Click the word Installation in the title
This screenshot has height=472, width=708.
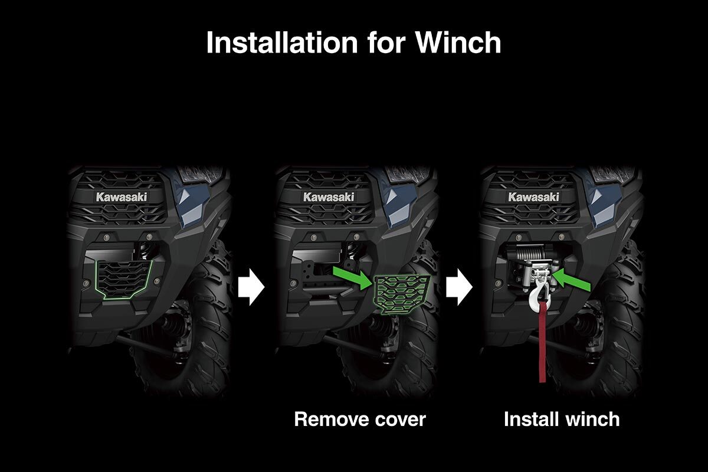[281, 42]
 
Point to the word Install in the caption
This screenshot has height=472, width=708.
[530, 419]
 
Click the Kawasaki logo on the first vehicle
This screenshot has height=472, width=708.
[122, 197]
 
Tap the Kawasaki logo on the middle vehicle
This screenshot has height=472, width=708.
[329, 197]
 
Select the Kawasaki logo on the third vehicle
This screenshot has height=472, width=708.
[533, 197]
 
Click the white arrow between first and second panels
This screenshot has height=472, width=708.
[251, 287]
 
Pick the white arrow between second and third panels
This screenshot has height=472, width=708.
[459, 287]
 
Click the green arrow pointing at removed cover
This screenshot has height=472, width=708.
[352, 277]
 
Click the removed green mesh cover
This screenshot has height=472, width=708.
[401, 294]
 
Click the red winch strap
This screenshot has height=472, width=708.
[542, 342]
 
